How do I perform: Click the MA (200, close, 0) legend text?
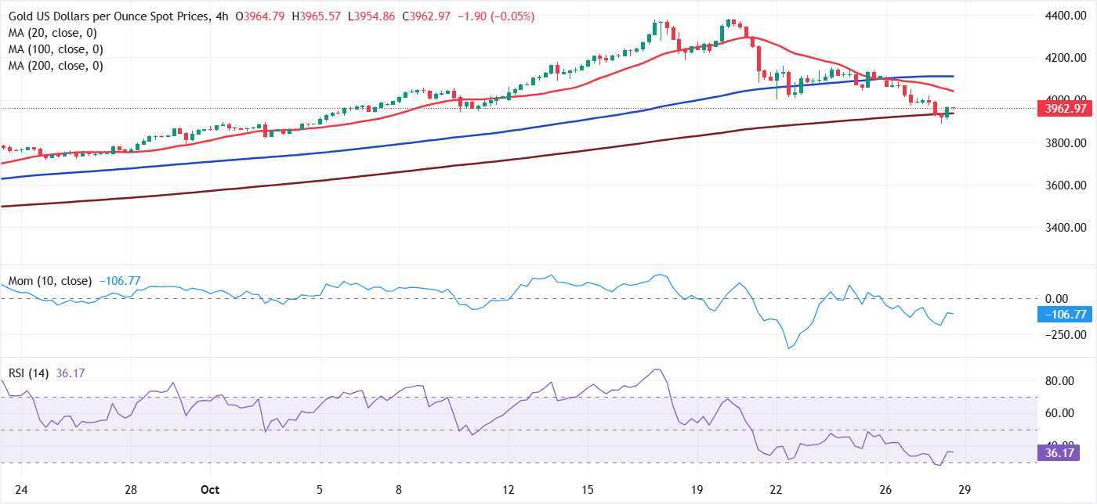(56, 66)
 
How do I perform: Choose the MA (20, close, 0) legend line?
(52, 32)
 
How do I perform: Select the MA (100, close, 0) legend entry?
(56, 49)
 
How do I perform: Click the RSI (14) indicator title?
(27, 373)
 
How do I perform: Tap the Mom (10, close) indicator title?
(50, 280)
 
